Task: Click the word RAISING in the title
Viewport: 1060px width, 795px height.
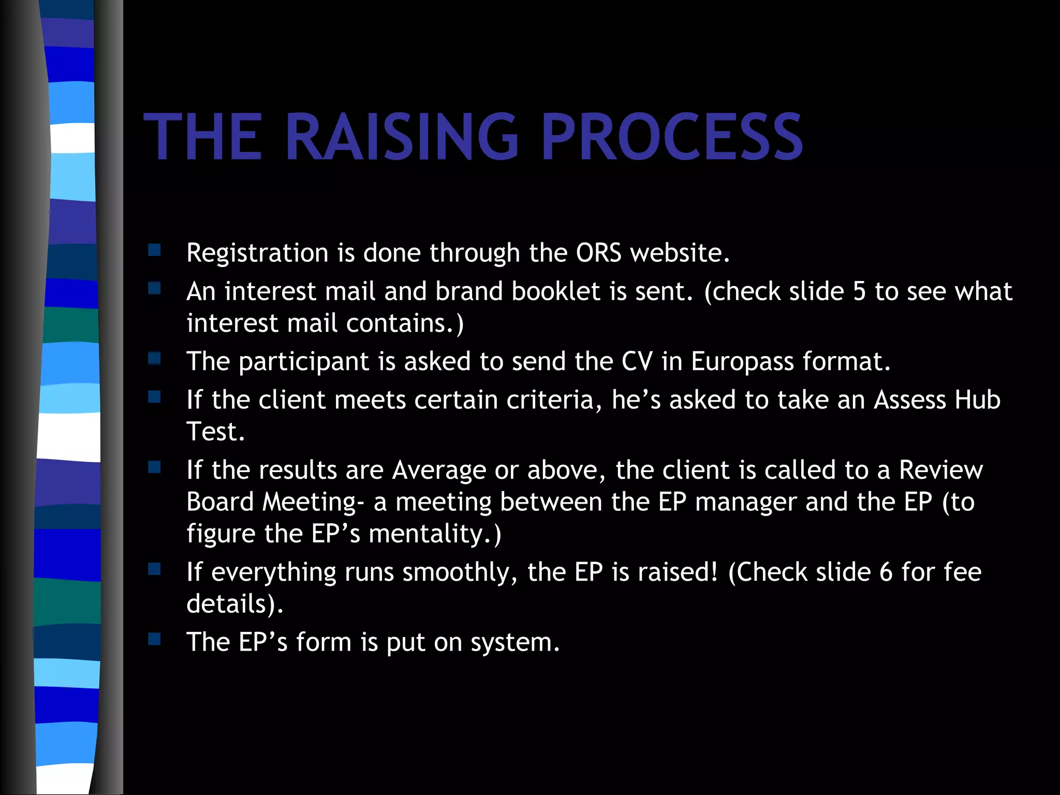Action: pyautogui.click(x=401, y=137)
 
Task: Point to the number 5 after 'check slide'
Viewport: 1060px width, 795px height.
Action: pyautogui.click(x=859, y=291)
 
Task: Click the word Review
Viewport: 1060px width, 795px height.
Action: pyautogui.click(x=941, y=470)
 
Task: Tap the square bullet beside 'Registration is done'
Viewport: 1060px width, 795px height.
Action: pyautogui.click(x=154, y=251)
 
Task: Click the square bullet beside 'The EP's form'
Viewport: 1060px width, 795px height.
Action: pyautogui.click(x=154, y=639)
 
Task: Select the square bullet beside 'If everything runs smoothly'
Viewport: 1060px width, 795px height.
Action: pyautogui.click(x=154, y=569)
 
